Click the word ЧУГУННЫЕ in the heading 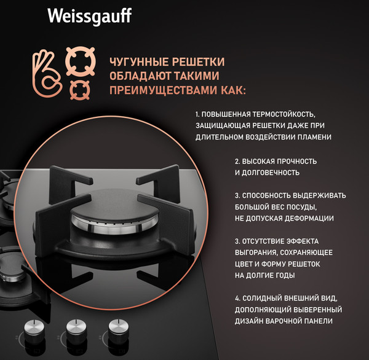pos(135,63)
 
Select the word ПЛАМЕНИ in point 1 pos(315,138)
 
